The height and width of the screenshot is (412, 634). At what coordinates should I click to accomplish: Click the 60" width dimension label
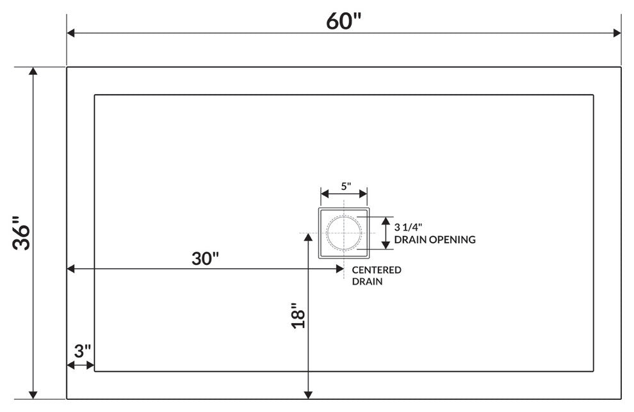[x=344, y=20]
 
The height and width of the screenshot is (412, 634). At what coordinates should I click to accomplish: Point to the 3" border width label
[x=82, y=351]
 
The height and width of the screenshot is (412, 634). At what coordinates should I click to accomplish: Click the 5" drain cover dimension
[x=345, y=186]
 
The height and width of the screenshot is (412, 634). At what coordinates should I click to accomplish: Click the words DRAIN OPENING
[x=435, y=240]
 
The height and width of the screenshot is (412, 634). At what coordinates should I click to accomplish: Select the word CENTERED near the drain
[x=377, y=269]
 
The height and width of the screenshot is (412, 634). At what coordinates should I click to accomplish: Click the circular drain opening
[x=344, y=232]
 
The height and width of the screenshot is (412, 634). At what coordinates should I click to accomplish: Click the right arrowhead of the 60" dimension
[x=617, y=33]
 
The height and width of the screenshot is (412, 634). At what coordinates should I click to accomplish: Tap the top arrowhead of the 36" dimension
[x=33, y=71]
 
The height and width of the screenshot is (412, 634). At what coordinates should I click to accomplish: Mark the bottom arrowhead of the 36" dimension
[x=33, y=395]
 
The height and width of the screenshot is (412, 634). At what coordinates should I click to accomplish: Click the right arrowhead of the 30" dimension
[x=340, y=269]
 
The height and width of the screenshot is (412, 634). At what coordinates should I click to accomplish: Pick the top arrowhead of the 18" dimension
[x=309, y=237]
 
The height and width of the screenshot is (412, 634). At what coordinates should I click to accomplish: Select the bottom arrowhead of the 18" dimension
[x=309, y=394]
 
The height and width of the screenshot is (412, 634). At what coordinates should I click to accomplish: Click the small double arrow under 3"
[x=81, y=365]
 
